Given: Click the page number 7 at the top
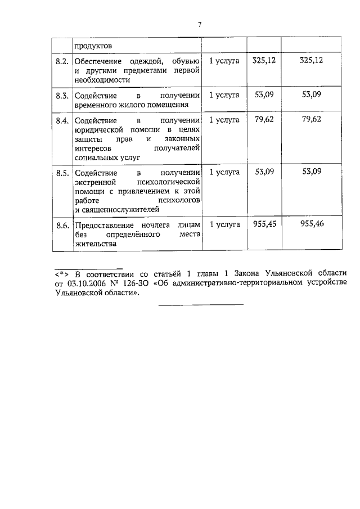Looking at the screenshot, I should pyautogui.click(x=199, y=24).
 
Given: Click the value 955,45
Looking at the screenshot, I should pyautogui.click(x=260, y=224).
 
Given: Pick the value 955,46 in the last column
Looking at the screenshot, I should pyautogui.click(x=312, y=224).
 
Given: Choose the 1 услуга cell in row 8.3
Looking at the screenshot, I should pyautogui.click(x=224, y=94).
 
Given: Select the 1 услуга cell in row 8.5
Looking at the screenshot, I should pyautogui.click(x=224, y=172).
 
